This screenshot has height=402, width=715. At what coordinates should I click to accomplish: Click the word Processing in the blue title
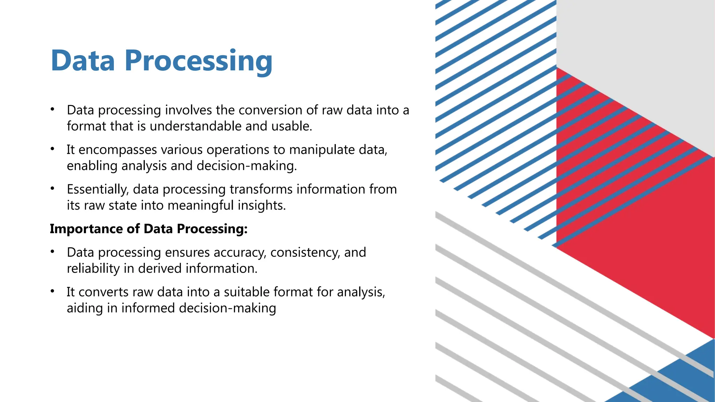pyautogui.click(x=198, y=61)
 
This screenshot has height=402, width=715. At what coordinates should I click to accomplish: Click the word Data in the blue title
pyautogui.click(x=83, y=61)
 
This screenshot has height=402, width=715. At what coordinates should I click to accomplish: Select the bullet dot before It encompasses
pyautogui.click(x=52, y=149)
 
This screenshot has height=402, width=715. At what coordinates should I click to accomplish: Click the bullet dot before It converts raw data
pyautogui.click(x=52, y=291)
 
